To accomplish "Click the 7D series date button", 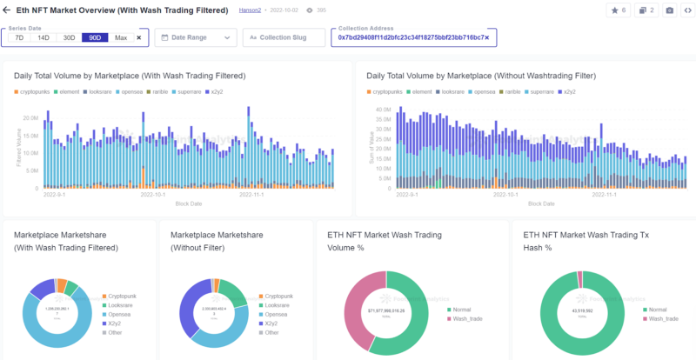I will click(19, 38).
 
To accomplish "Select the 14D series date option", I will click(43, 38).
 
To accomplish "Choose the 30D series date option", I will click(69, 38).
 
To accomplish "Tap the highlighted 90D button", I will click(94, 38).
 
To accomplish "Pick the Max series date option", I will click(120, 38).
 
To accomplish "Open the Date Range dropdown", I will click(196, 38).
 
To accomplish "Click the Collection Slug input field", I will click(284, 38).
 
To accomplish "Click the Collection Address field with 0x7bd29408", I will click(412, 38).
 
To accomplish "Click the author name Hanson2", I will click(251, 10).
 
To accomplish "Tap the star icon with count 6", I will click(619, 10).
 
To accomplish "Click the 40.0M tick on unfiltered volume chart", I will click(383, 110).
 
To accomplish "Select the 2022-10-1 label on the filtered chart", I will click(152, 195).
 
